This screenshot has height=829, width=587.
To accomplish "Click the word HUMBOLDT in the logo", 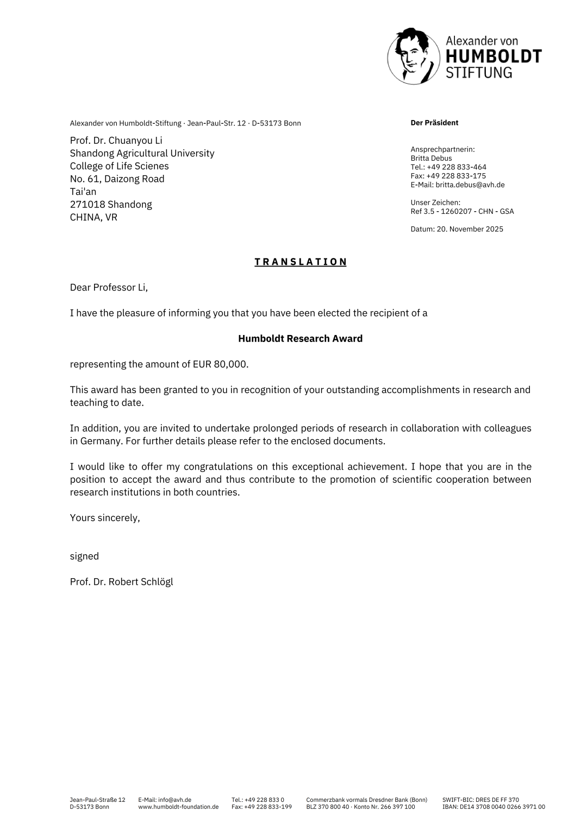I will point(493,56).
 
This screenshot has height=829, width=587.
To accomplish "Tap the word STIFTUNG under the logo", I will point(478,73).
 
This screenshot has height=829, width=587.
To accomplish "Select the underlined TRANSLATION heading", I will point(301,262).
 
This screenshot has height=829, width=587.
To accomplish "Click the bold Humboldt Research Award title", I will point(300,339).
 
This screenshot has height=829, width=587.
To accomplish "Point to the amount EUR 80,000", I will point(220,364).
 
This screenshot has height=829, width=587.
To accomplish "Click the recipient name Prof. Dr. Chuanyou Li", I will point(116,141).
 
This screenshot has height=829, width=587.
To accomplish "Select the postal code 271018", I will point(87,205).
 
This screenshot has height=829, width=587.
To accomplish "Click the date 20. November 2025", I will point(470,229).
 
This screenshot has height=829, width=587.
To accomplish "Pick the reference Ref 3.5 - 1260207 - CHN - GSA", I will point(462,211).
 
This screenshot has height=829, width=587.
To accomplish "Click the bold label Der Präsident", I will point(434,123).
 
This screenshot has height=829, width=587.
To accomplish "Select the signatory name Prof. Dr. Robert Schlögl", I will point(121,582).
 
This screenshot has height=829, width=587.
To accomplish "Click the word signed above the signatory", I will point(84,556).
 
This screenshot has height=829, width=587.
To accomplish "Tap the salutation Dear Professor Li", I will point(109,288).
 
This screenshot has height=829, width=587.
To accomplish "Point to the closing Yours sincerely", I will point(105,518).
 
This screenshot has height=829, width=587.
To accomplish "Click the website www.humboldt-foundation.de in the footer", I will point(178,807).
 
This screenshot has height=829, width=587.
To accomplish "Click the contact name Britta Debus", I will point(431,159).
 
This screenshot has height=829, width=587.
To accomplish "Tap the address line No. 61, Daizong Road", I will point(117,179).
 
